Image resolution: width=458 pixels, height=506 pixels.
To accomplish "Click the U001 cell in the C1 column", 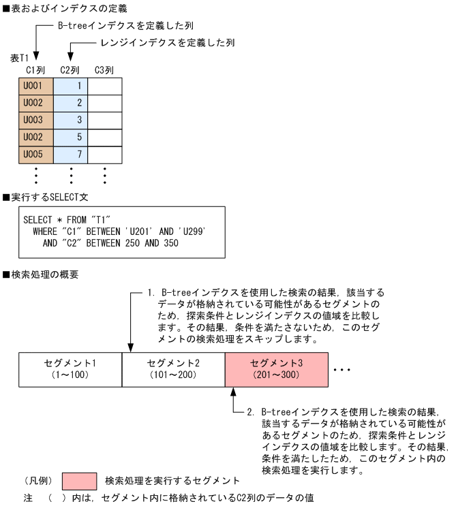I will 35,86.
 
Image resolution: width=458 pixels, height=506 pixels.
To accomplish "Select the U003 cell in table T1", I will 35,120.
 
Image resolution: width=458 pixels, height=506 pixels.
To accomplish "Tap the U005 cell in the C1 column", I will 35,154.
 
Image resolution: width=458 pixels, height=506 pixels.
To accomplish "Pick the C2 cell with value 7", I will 71,154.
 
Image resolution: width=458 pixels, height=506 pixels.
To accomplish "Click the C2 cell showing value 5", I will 71,137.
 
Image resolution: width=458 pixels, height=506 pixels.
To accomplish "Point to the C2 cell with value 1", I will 71,86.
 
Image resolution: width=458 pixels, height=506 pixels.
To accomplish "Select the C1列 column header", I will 35,69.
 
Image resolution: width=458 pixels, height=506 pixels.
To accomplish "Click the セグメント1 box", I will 70,368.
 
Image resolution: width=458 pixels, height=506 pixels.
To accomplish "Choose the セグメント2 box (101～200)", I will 173,368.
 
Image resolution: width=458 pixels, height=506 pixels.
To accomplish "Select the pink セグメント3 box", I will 276,368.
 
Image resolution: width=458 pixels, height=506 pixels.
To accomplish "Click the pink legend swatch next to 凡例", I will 79,481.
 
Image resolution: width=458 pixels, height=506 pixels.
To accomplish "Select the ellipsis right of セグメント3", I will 341,370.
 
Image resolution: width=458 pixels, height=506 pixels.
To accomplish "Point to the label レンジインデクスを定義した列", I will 158,42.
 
